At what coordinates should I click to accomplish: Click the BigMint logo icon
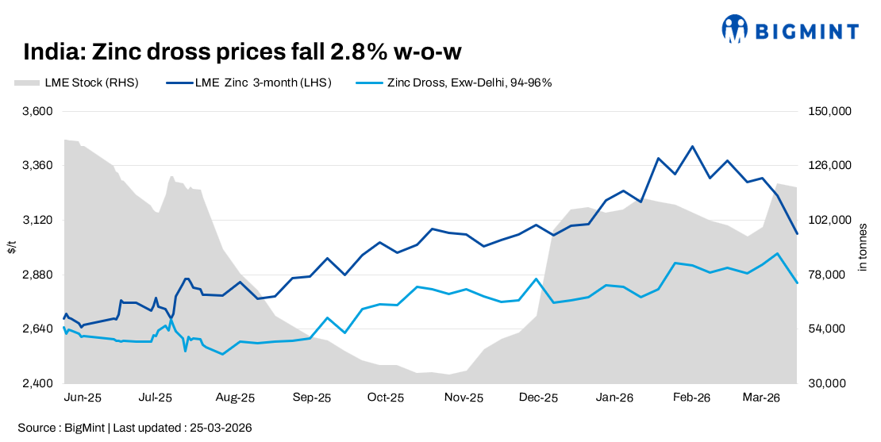click(735, 29)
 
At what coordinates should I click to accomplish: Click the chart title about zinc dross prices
click(242, 52)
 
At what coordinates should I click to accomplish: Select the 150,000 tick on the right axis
click(829, 111)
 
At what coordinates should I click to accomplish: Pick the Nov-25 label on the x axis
click(464, 398)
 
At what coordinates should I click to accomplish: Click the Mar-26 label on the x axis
click(761, 398)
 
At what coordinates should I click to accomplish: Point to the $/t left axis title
click(10, 248)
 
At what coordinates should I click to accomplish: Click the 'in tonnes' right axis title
click(863, 248)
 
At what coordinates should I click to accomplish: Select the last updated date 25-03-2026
click(221, 428)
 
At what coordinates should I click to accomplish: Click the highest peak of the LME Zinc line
click(692, 146)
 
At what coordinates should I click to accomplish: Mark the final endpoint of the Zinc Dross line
click(797, 283)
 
